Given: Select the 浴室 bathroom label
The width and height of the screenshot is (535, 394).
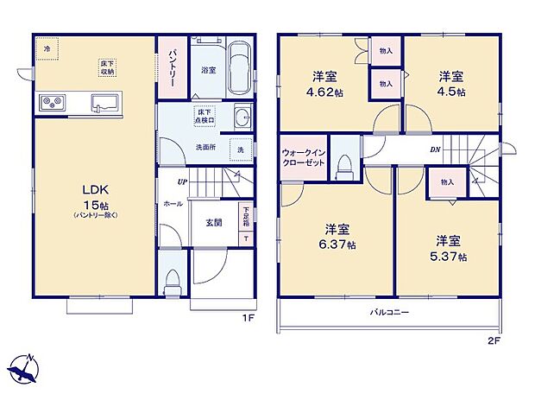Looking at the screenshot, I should pos(208,70).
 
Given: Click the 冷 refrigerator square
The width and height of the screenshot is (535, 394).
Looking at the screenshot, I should pos(47,48).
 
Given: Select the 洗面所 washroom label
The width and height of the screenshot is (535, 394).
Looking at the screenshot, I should pos(205,146).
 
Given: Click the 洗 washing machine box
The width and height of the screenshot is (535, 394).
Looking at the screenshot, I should pos(241,149).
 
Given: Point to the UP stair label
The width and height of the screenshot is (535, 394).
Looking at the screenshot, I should pos(182,182).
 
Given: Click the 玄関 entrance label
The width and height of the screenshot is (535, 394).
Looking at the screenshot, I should pos(214,222).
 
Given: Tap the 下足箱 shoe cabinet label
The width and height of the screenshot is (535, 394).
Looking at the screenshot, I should pos(246,213).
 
